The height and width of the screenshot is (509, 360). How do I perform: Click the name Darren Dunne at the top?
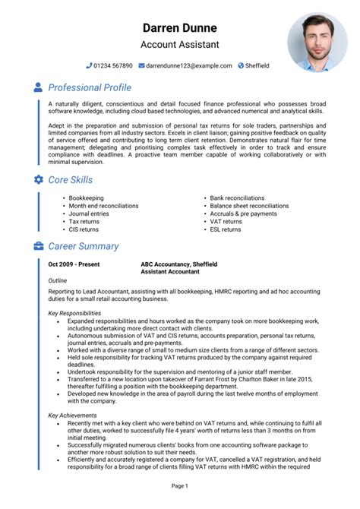(x=179, y=28)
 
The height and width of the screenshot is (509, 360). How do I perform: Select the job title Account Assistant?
(x=179, y=45)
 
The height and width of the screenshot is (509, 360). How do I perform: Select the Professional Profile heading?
(x=90, y=87)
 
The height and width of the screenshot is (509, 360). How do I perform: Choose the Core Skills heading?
(x=71, y=179)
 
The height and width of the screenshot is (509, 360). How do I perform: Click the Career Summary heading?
(x=84, y=246)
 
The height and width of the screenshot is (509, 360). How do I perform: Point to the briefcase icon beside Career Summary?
(x=39, y=246)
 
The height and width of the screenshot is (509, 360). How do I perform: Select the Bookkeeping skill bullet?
(x=86, y=198)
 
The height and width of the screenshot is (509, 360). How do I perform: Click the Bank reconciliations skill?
(x=237, y=198)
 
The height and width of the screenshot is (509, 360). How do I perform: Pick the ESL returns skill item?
(x=226, y=229)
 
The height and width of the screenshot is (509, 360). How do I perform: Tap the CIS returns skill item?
(x=84, y=229)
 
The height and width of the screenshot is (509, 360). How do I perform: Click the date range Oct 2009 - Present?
(x=74, y=264)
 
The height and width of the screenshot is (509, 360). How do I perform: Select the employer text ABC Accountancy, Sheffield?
(x=178, y=264)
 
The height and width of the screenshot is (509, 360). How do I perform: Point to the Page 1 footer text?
(x=179, y=485)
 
